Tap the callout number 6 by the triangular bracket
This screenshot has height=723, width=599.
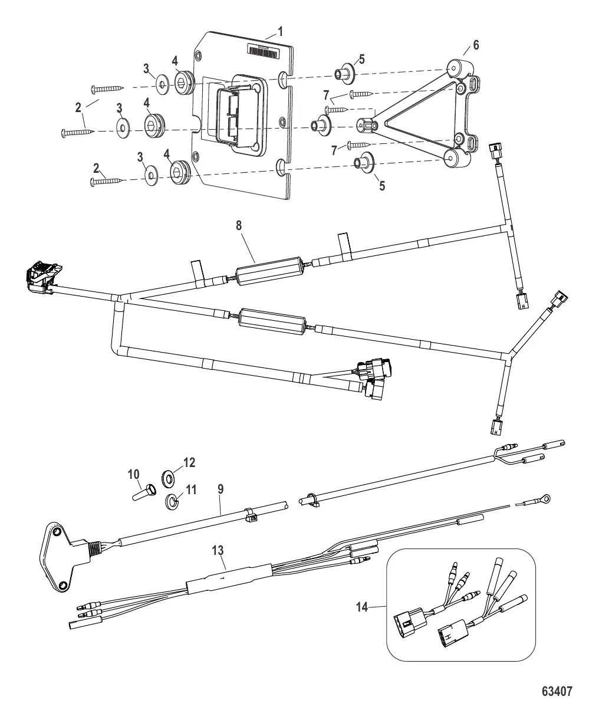pos(476,45)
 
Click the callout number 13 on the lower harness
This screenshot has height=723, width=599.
pos(219,550)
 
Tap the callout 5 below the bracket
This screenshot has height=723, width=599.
pos(381,185)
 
